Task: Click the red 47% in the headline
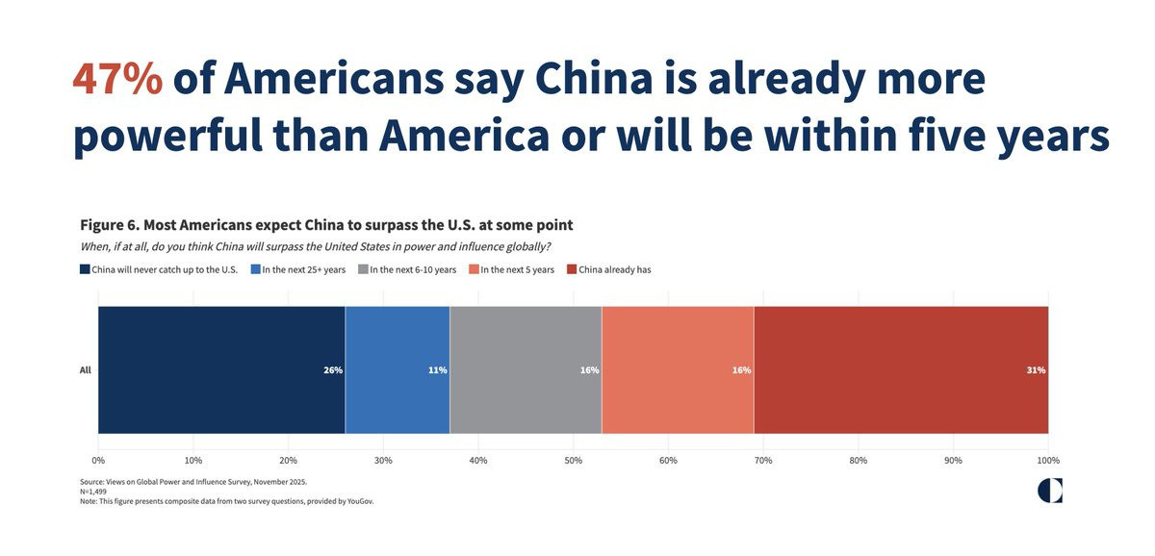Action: (117, 80)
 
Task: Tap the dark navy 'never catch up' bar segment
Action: (221, 370)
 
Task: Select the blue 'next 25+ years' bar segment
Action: (397, 370)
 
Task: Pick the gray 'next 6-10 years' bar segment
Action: (525, 370)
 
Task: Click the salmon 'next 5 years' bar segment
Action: (678, 370)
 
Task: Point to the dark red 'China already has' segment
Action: (901, 370)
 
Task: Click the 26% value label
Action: (333, 370)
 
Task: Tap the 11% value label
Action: (437, 370)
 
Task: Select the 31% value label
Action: (1036, 370)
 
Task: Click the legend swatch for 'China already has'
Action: (572, 269)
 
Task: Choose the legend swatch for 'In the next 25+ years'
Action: (256, 269)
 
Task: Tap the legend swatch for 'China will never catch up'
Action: (85, 269)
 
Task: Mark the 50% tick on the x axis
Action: (573, 461)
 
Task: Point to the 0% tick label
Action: (98, 461)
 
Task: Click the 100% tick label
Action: (1047, 461)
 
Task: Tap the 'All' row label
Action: (85, 370)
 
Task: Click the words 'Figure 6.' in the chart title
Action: (110, 225)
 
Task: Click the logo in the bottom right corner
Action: (1050, 491)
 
